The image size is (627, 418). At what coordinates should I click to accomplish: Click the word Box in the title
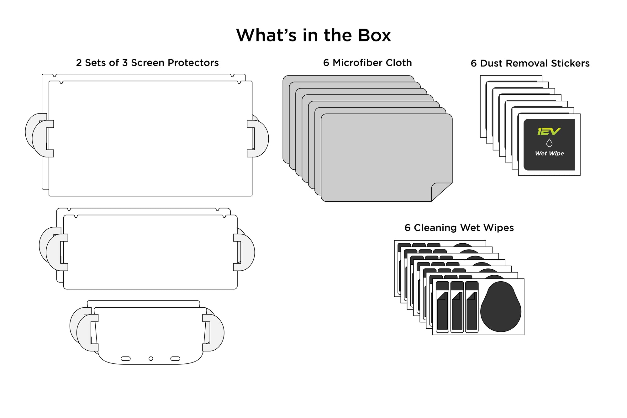[374, 35]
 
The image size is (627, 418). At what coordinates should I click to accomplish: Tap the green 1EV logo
[549, 131]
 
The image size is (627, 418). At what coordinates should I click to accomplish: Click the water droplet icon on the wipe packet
[549, 143]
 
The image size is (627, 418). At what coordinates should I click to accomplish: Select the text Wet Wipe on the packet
[549, 153]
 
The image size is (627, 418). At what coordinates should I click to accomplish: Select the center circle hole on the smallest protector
[151, 358]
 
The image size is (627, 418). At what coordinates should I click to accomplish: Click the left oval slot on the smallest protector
[126, 358]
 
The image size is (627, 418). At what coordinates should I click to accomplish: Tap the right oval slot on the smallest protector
[175, 358]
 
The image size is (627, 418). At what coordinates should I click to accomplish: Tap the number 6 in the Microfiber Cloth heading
[326, 63]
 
